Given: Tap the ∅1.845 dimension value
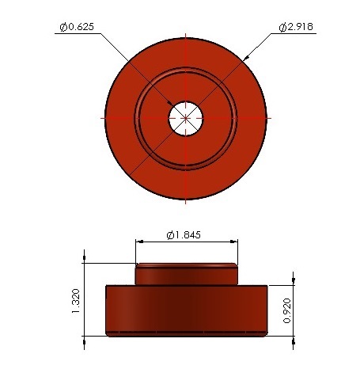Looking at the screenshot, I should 188,235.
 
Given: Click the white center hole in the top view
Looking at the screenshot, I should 186,119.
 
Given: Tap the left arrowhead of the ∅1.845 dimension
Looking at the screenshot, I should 140,242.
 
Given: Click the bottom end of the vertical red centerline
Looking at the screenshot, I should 186,201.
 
